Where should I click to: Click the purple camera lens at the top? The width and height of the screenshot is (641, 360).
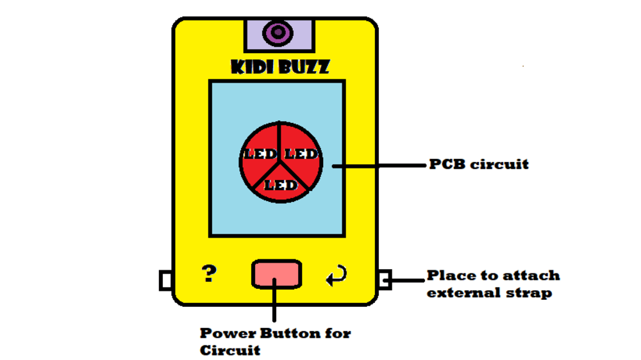pyautogui.click(x=279, y=33)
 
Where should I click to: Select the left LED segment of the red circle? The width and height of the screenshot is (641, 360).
pyautogui.click(x=259, y=154)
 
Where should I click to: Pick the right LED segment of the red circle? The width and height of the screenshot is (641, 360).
pyautogui.click(x=300, y=154)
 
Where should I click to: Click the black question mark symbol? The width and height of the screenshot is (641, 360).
pyautogui.click(x=209, y=274)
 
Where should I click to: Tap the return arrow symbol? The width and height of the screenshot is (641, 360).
pyautogui.click(x=337, y=275)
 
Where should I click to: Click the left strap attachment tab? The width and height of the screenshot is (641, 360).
pyautogui.click(x=165, y=280)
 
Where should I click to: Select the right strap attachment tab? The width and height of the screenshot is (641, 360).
pyautogui.click(x=385, y=280)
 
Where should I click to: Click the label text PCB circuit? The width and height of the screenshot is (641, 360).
pyautogui.click(x=479, y=164)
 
